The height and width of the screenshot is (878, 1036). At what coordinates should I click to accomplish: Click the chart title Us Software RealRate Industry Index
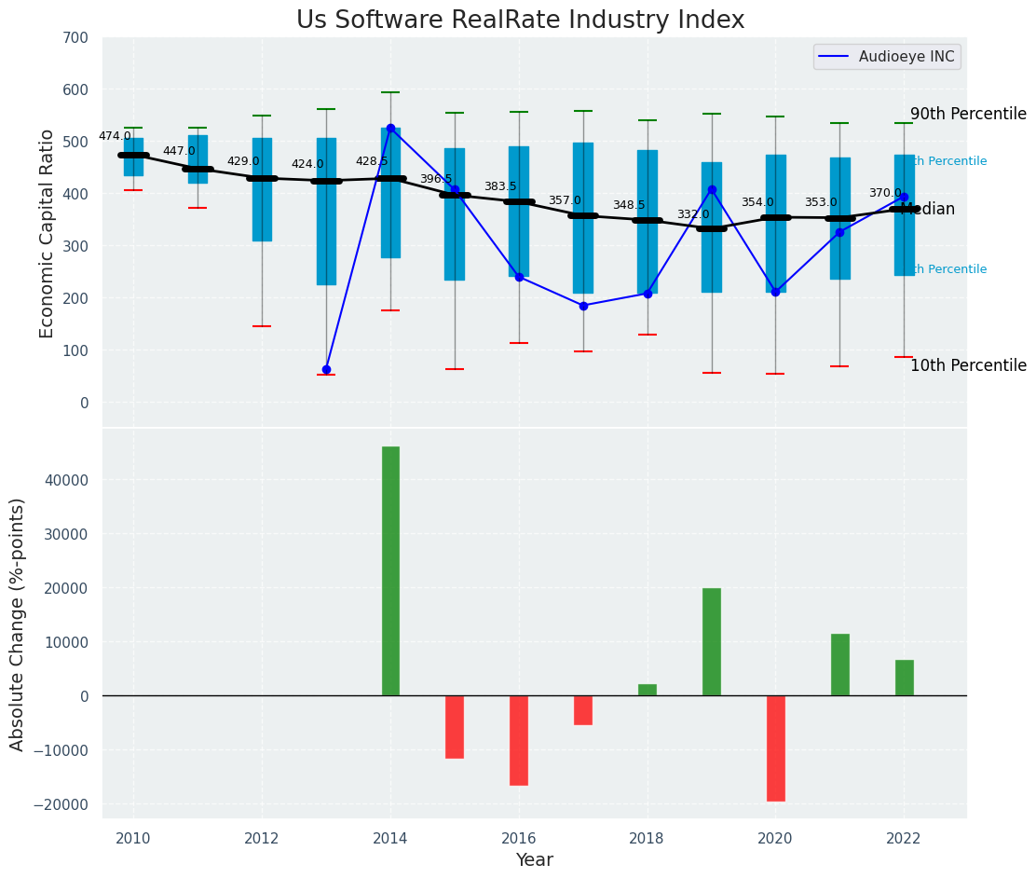tap(520, 21)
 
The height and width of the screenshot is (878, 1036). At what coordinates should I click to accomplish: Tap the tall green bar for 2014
tap(390, 570)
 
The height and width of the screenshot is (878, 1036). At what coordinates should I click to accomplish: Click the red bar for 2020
tap(775, 748)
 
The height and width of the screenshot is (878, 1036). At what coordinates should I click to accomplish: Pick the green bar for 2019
tap(712, 641)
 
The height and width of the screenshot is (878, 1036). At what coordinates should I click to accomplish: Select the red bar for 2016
tap(519, 740)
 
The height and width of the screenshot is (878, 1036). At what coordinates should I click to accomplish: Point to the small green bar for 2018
tap(647, 690)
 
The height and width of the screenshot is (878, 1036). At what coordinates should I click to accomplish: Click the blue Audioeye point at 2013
tap(326, 370)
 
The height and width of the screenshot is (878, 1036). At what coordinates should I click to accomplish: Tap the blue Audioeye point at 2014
tap(390, 128)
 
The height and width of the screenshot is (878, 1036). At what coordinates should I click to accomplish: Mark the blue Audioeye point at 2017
tap(583, 306)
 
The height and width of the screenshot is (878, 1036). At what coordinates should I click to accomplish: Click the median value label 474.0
tap(115, 136)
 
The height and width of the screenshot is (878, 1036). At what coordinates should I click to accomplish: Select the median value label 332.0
tap(693, 214)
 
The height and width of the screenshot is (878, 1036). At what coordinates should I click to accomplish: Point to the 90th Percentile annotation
tap(968, 114)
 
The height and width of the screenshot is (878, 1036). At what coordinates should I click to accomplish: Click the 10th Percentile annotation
tap(968, 365)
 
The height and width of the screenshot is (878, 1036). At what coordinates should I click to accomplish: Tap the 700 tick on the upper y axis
tap(75, 37)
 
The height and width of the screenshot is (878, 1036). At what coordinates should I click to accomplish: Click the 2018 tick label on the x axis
tap(647, 837)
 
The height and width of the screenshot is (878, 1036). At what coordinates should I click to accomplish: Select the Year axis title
tap(534, 860)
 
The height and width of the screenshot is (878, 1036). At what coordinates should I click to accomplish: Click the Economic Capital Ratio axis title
tap(48, 232)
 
